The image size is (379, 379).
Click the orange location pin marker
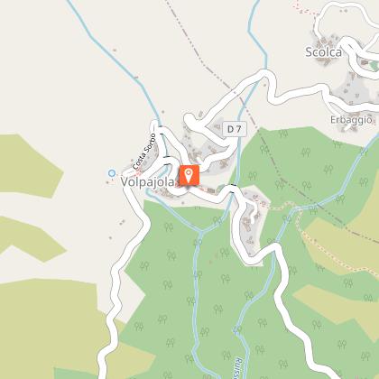click(189, 175)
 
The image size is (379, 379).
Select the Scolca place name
click(324, 51)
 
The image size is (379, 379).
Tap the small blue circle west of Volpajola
click(112, 172)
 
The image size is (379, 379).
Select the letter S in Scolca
click(309, 51)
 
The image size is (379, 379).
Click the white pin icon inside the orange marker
click(189, 173)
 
